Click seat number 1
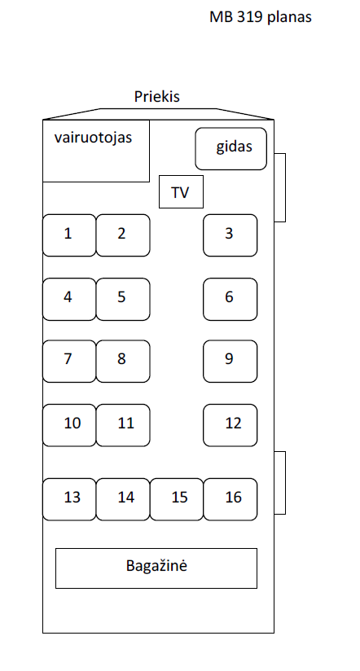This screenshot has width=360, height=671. [69, 235]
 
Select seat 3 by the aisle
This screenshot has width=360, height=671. [230, 235]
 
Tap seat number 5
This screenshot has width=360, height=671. [123, 299]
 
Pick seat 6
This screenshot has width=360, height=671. [230, 299]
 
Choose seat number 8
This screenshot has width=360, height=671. [123, 362]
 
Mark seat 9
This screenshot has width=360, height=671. [230, 362]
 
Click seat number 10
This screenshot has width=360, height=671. [69, 425]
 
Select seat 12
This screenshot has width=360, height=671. [230, 425]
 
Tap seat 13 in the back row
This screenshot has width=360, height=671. [69, 499]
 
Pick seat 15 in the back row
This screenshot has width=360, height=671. [177, 499]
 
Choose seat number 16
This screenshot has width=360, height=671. [230, 499]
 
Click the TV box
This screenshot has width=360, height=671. [181, 191]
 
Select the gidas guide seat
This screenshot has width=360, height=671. [231, 149]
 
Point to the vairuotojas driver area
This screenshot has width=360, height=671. [96, 151]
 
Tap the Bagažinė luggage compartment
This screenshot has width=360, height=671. [156, 568]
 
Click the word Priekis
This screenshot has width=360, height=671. [156, 97]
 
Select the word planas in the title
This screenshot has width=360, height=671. [288, 18]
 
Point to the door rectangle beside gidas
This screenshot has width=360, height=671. [280, 187]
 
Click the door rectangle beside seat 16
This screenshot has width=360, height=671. [280, 483]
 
